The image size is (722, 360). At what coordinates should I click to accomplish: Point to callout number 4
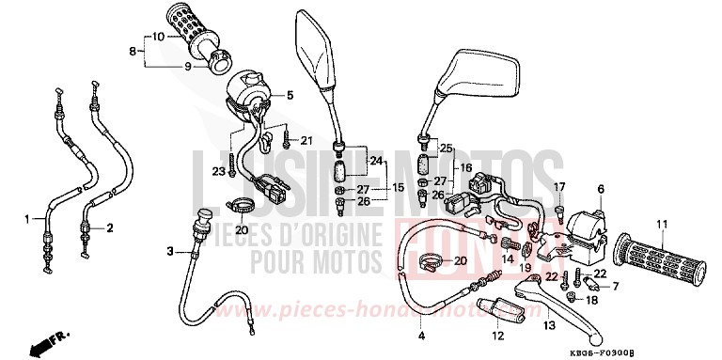pyautogui.click(x=420, y=334)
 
